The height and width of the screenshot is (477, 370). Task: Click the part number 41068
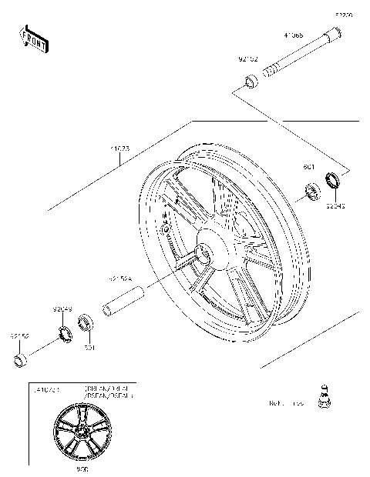pos(293,35)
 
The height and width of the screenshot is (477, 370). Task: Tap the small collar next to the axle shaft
pos(251,81)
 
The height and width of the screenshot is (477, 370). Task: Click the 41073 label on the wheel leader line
pos(122,146)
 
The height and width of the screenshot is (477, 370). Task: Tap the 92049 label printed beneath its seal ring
pos(335,206)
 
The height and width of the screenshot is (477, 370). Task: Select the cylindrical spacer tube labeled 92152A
pos(126,302)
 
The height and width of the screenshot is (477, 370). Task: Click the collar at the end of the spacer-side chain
pos(21,360)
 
